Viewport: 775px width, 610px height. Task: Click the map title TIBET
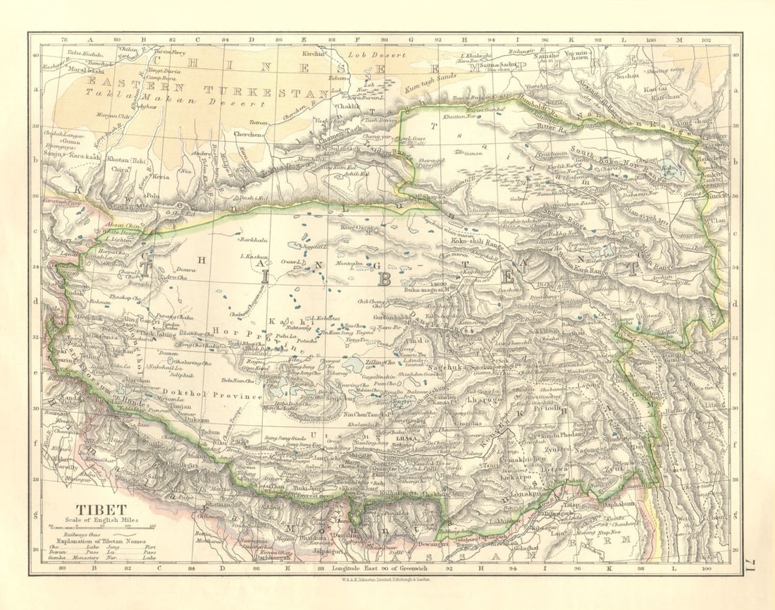click(101, 509)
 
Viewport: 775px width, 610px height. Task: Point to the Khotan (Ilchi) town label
click(127, 160)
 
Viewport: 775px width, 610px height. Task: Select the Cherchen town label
click(249, 133)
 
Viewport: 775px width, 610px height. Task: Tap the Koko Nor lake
click(665, 169)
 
